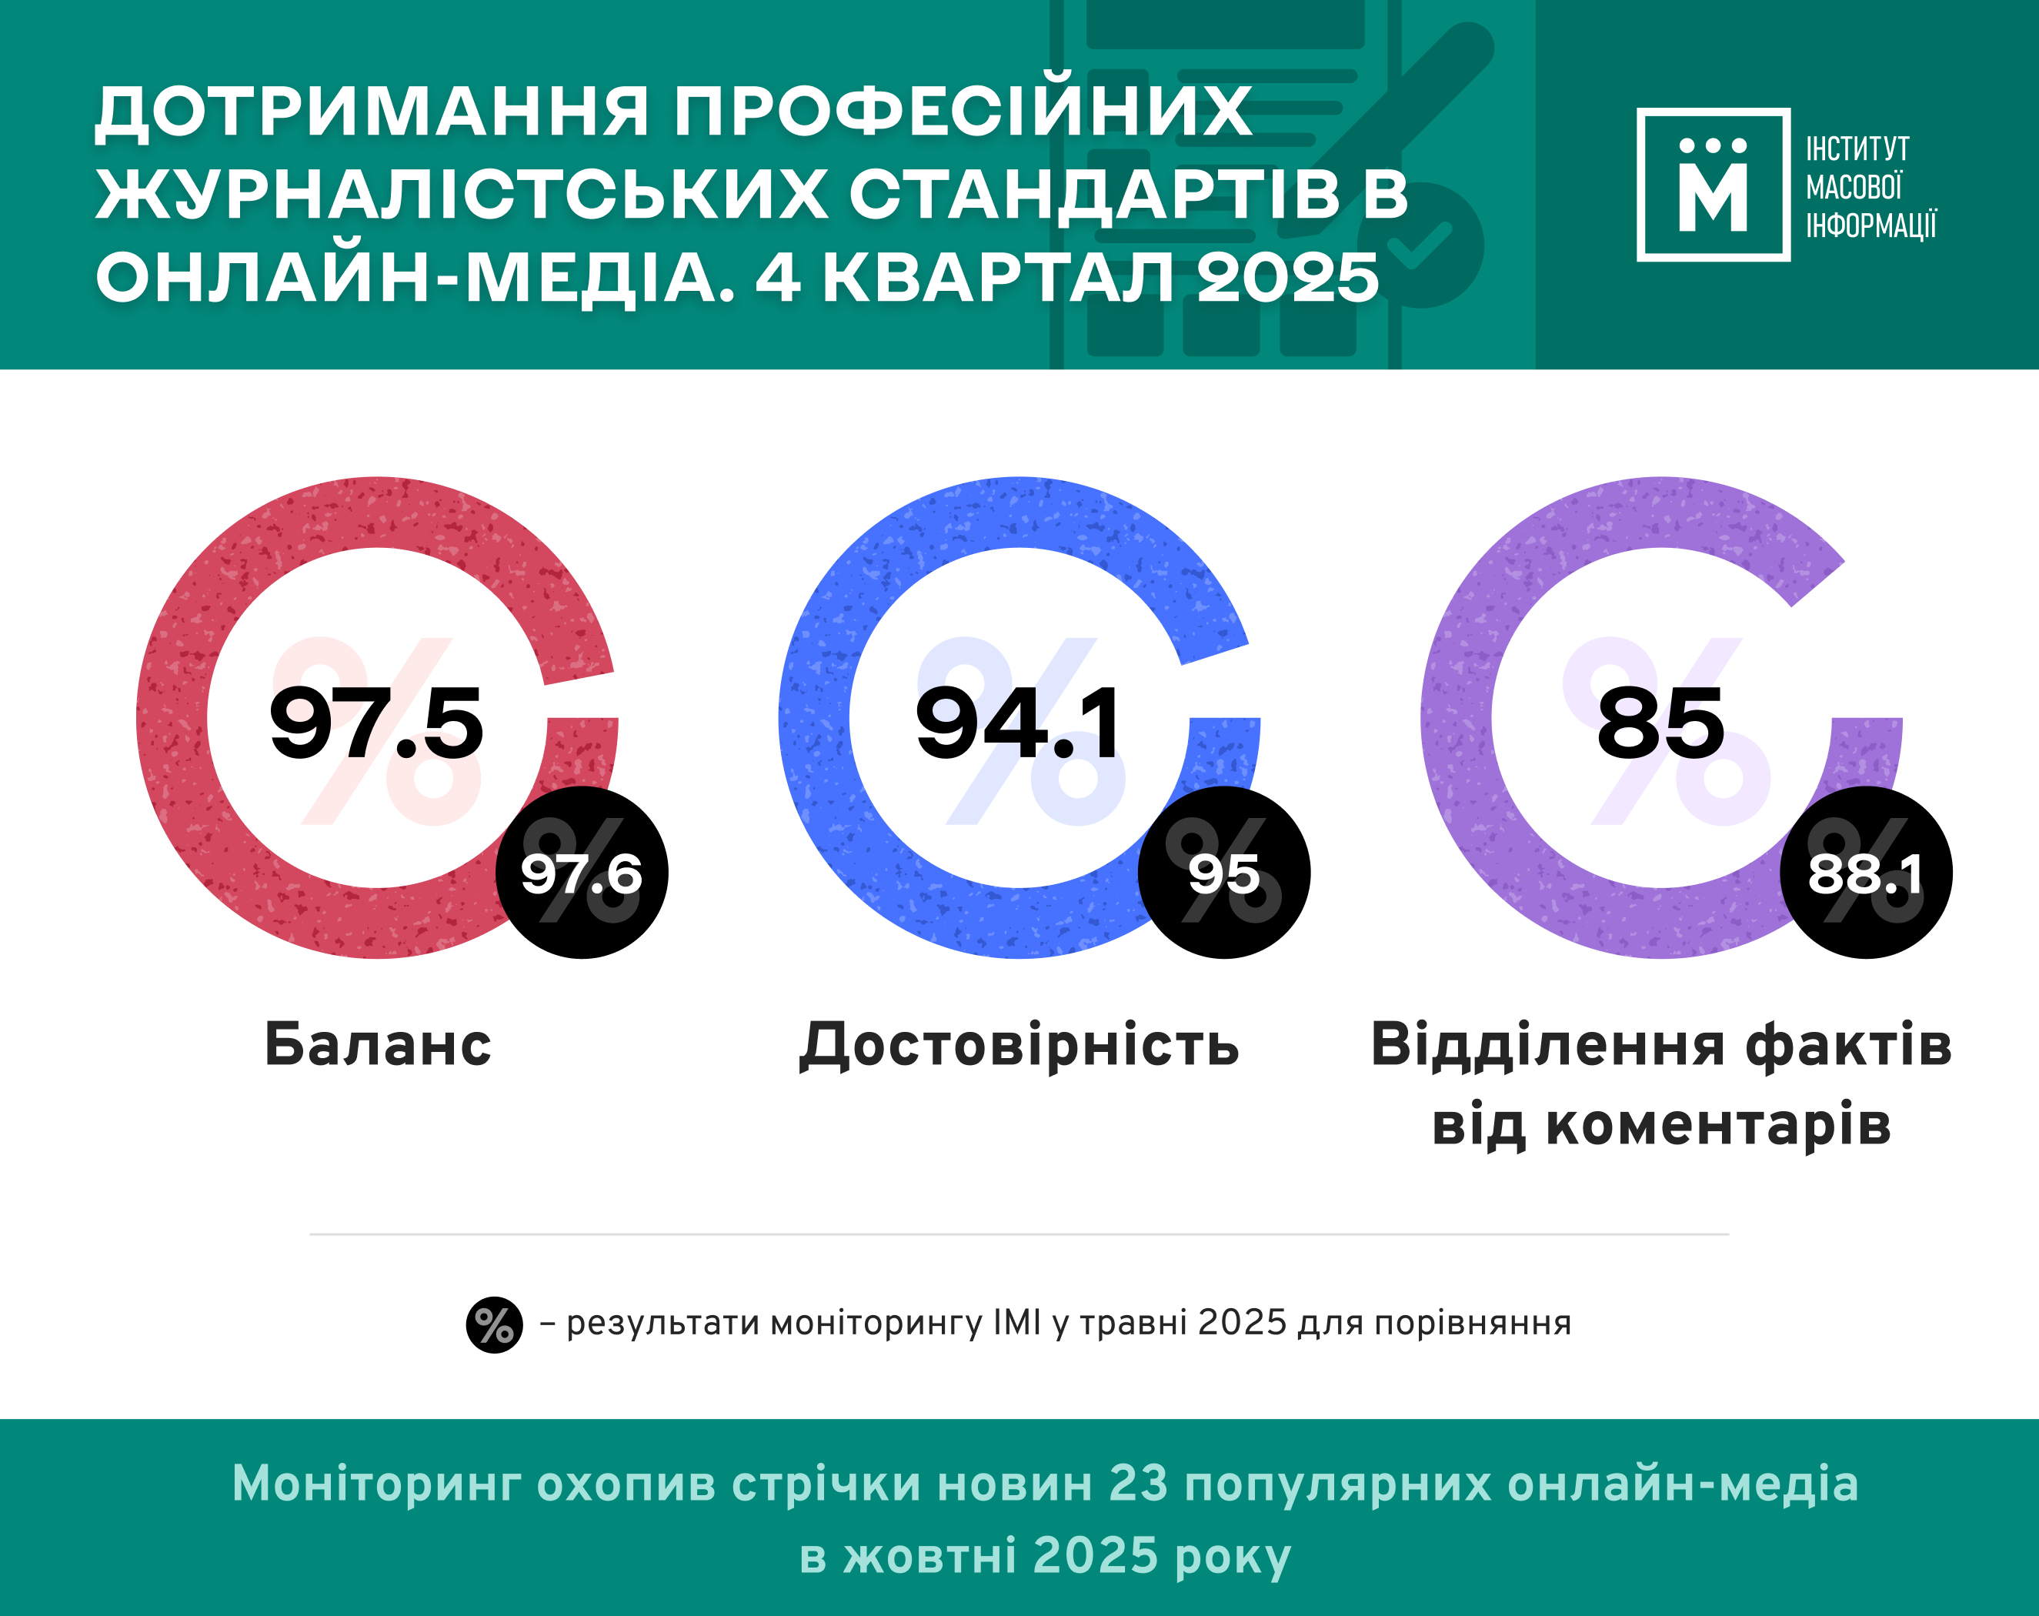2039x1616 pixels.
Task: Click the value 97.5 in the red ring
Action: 376,723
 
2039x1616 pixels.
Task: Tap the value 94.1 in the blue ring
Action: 1019,723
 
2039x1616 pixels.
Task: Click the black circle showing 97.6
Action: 582,873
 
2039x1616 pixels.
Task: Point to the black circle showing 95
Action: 1223,873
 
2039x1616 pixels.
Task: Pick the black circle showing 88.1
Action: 1866,873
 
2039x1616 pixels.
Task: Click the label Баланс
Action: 377,1045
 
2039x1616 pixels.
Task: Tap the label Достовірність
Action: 1019,1045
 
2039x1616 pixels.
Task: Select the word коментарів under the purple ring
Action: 1717,1124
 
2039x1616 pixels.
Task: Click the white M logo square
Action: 1713,185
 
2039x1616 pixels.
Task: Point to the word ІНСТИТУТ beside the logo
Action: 1857,149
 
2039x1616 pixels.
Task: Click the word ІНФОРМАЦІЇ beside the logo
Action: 1870,225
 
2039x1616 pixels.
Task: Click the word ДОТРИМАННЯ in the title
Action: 371,112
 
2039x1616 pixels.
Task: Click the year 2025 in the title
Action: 1286,278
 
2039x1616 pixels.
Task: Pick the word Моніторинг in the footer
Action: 375,1483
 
